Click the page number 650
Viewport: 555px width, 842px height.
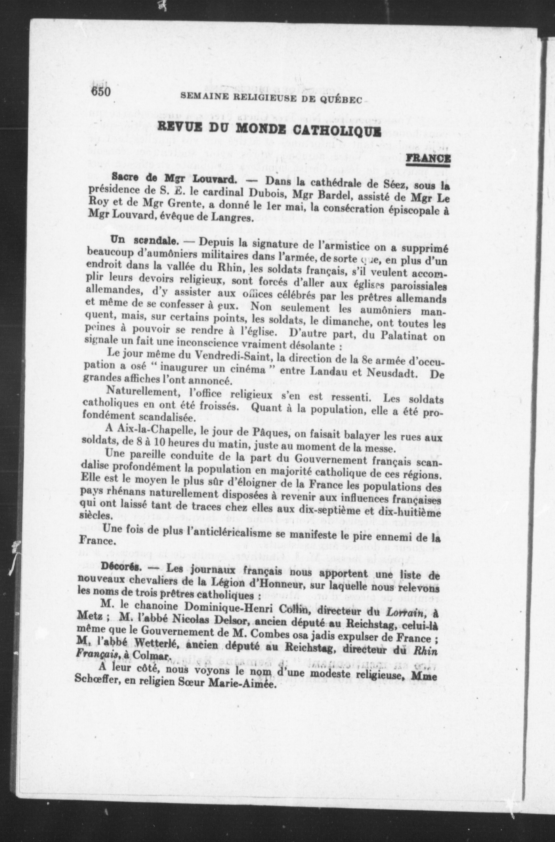[x=102, y=92]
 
